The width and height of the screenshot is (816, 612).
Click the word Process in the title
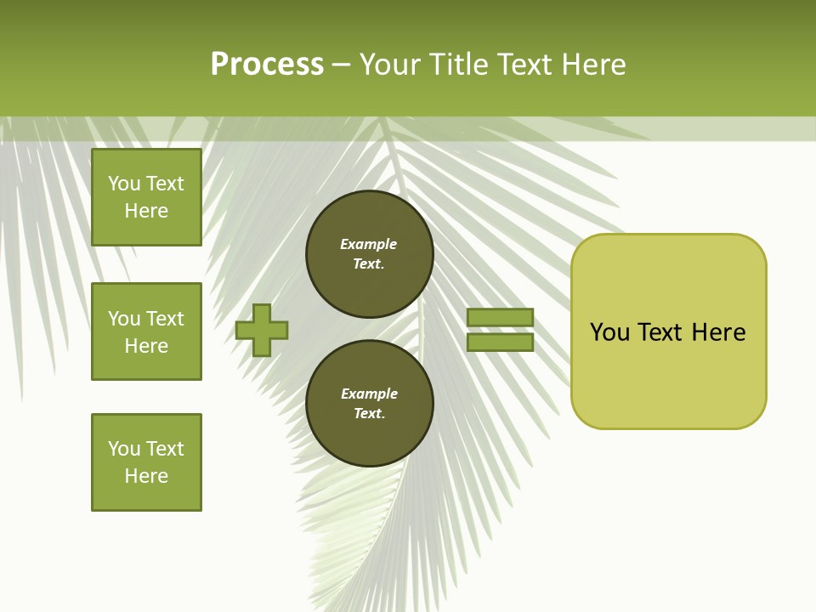[267, 65]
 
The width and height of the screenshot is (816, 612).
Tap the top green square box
[146, 197]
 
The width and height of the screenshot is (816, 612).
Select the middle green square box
[146, 331]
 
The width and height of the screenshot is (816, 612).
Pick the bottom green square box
[146, 462]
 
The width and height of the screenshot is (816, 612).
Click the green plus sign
[262, 330]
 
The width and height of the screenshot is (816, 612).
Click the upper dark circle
[369, 254]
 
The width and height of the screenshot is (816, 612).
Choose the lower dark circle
[369, 404]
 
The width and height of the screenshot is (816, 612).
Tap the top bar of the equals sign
[500, 318]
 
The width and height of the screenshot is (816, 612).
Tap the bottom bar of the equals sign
[500, 343]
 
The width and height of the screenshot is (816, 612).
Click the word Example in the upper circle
[368, 245]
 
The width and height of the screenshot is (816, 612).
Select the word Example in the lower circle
[369, 394]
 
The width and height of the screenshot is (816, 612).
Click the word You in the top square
[124, 184]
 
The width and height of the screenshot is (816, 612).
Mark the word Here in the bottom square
[146, 476]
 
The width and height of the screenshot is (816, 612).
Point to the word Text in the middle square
[165, 319]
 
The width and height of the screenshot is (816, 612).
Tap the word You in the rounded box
[609, 332]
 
